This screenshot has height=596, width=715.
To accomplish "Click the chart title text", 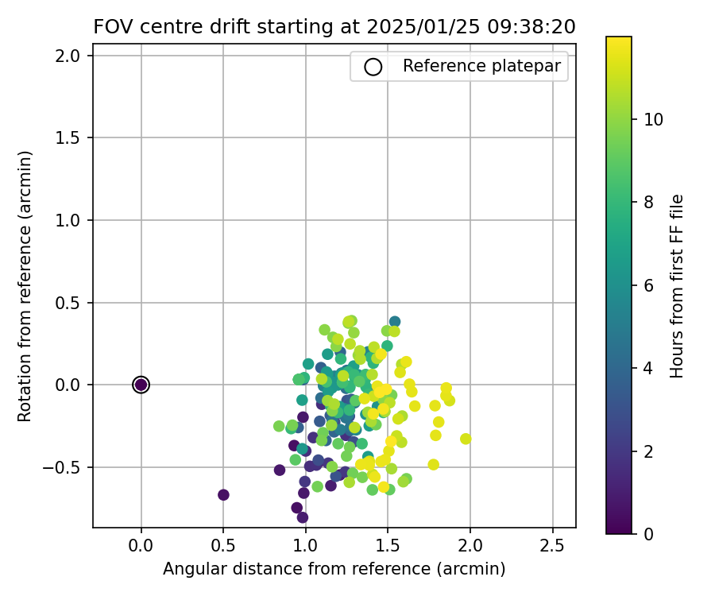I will [x=334, y=27].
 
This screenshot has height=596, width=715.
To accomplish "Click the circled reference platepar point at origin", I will [x=141, y=385].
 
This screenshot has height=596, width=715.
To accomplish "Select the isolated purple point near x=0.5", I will [x=223, y=495].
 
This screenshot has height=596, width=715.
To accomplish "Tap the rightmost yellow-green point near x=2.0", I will [x=466, y=439].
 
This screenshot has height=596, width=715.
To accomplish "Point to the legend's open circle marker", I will [x=373, y=67].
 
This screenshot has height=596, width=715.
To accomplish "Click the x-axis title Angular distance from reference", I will [x=334, y=569].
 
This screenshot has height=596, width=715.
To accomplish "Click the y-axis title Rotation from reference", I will [x=25, y=286].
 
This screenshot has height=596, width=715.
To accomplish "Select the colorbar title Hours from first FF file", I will [x=677, y=286].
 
